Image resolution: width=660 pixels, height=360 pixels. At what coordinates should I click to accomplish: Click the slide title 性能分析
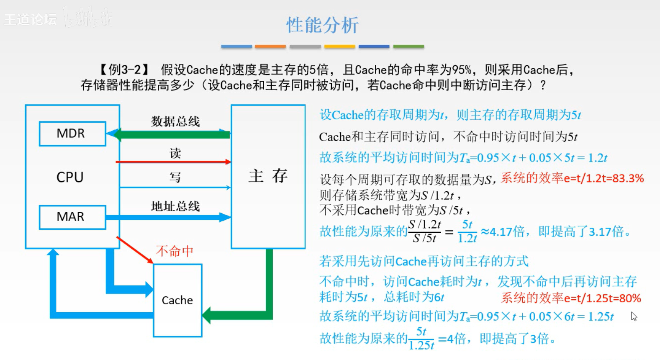point(322,25)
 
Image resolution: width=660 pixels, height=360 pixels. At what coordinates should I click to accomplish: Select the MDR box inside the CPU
point(72,134)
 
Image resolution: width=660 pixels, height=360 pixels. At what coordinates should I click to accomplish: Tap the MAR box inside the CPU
point(72,217)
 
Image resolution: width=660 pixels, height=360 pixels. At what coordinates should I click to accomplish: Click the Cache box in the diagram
point(177,300)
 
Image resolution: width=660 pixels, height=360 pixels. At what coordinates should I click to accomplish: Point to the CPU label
point(70,177)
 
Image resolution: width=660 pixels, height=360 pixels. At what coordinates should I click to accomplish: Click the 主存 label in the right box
point(268,176)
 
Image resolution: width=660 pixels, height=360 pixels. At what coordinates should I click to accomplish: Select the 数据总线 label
point(175,121)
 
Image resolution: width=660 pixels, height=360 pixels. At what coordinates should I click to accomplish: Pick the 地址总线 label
point(175,206)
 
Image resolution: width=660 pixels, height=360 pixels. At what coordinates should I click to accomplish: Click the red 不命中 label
point(175,251)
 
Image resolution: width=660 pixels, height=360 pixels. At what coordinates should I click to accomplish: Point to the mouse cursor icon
point(634,316)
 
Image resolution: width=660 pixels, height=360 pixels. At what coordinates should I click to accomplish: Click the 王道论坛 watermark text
point(30,19)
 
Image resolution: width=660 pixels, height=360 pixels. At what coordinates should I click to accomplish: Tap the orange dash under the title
point(270,46)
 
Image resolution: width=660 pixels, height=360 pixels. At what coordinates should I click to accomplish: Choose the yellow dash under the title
point(339,46)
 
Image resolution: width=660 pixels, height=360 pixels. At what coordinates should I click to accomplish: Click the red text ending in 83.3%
point(572,178)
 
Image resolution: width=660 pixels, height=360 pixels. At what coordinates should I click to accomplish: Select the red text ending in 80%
point(571,298)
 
